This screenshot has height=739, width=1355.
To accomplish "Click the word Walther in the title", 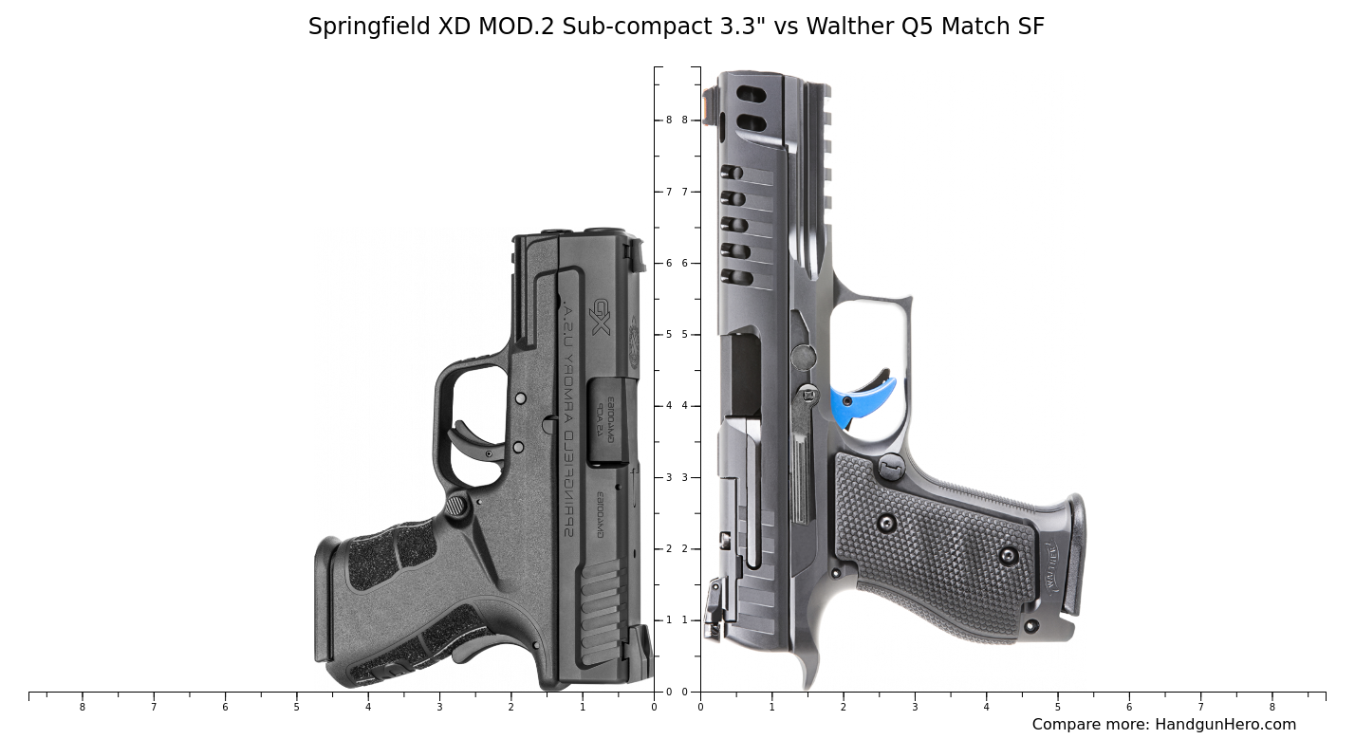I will click(850, 27).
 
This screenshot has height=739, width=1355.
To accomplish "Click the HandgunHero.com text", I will click(1224, 725).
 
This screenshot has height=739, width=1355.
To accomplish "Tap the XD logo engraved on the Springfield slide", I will click(600, 317).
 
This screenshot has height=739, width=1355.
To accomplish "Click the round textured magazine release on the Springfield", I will click(457, 506).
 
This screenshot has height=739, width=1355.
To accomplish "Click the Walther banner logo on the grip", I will click(1053, 564).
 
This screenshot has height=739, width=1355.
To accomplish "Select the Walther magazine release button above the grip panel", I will click(891, 466).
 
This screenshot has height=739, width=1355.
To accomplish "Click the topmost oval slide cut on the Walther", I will click(752, 95).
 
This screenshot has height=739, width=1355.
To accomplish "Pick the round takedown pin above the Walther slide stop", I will click(804, 358).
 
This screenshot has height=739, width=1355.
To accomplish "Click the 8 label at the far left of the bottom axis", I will click(82, 707).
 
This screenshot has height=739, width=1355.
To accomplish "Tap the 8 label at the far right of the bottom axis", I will click(1271, 707).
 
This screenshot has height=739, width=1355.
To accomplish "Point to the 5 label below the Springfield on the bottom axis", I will click(296, 707).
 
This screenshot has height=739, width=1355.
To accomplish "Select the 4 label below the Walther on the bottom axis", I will click(986, 707).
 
